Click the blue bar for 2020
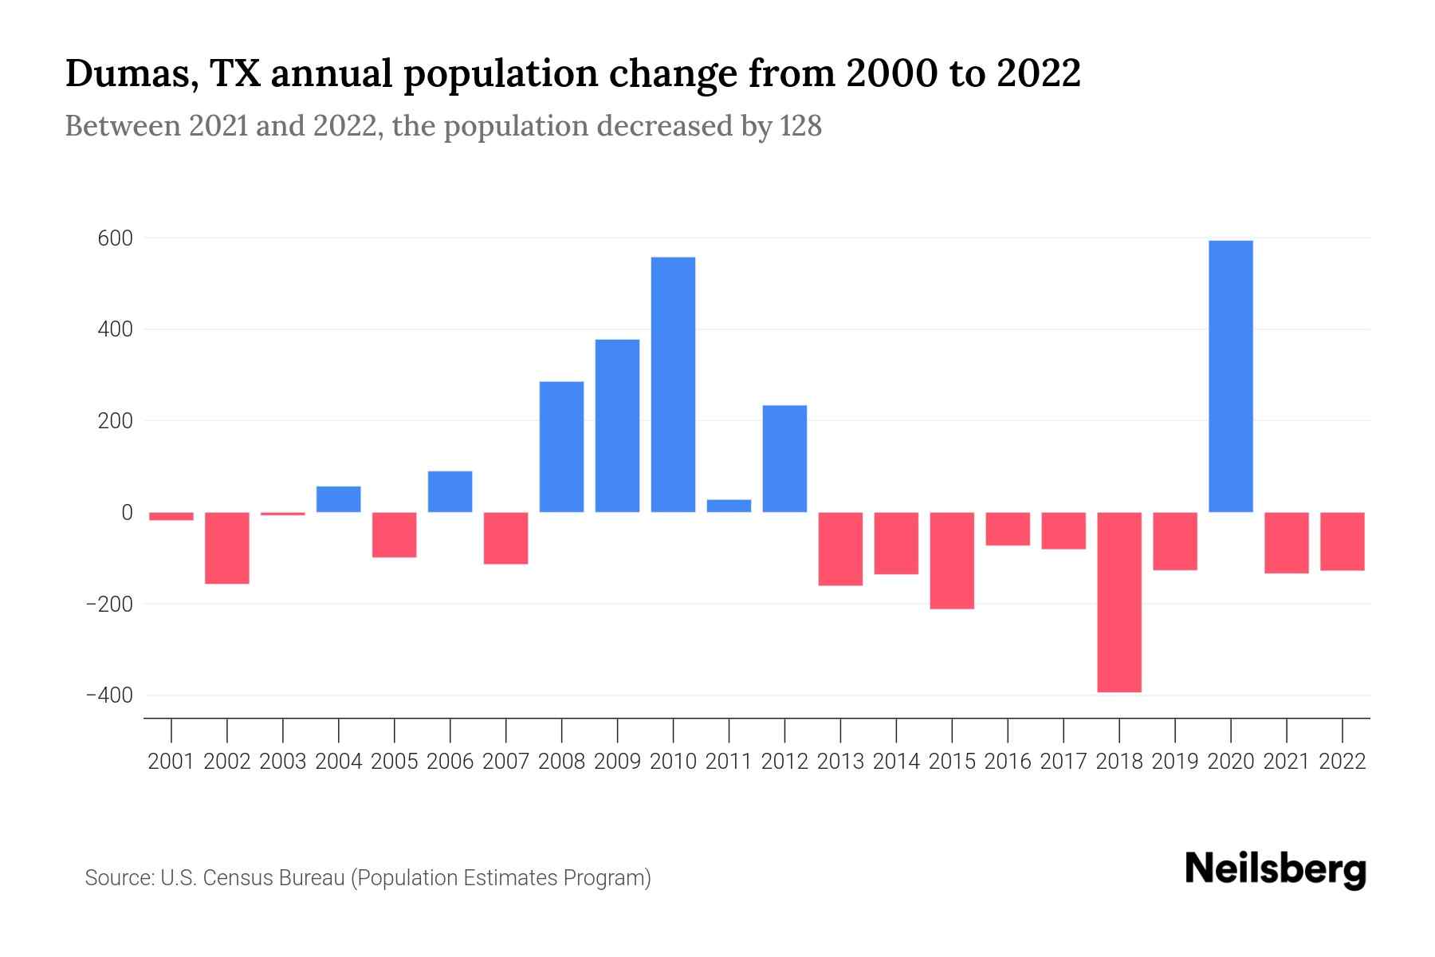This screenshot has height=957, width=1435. pos(1230,376)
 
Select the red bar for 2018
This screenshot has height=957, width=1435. pos(1119,602)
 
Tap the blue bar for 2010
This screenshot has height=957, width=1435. pos(673,384)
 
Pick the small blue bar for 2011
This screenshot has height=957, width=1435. pos(729,506)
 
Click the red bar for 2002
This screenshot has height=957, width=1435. pos(227,548)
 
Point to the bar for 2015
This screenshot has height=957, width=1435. pos(952,561)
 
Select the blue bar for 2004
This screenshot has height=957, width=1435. pos(338,499)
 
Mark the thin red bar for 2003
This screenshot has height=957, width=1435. pos(283,514)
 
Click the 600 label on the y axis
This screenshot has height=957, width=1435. pos(116,238)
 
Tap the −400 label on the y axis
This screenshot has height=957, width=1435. pos(110,695)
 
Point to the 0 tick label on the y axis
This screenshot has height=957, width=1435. pos(127,513)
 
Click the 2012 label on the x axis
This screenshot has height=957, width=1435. pos(784,762)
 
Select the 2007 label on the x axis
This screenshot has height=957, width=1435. pos(505,762)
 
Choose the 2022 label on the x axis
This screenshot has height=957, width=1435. pos(1343,762)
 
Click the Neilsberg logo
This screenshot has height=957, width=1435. pos(1276,869)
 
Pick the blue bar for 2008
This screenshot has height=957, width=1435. pos(561,447)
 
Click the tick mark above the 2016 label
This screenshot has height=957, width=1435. pos(1008,730)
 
